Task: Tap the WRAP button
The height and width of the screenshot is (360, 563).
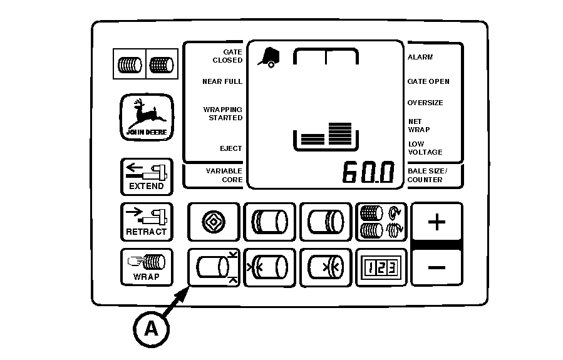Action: coord(146,266)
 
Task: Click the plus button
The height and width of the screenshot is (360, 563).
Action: coord(436,222)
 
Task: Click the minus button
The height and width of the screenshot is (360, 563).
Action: coord(436,267)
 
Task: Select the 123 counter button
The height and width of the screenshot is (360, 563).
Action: coord(380,267)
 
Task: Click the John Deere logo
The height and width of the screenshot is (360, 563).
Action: coord(147,117)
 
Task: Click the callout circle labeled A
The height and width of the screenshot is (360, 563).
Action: coord(152,329)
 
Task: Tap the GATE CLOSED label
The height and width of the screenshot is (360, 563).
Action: coord(223,56)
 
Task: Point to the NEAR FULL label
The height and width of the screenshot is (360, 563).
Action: coord(222,81)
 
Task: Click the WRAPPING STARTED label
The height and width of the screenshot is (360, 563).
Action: coord(222,114)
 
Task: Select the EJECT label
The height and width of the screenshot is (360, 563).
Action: coord(230,148)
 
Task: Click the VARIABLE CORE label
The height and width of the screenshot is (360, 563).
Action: coord(224,175)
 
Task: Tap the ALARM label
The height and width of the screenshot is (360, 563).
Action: coord(420,57)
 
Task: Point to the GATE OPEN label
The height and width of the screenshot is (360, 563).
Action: coord(428,81)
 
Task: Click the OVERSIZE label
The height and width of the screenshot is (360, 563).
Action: coord(425,103)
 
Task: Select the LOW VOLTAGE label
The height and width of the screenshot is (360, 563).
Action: coord(425,148)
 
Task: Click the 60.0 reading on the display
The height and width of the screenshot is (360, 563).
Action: coord(368,173)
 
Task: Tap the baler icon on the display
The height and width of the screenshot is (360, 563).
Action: coord(269,57)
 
